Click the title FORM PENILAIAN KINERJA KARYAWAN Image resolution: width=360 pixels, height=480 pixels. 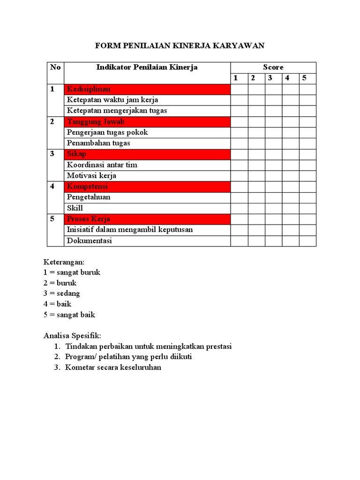pos(180,45)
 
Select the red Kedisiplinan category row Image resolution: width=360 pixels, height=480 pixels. pos(147,89)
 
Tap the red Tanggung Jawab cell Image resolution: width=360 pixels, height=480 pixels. pos(147,122)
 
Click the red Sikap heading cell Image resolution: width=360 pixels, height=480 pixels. pos(147,154)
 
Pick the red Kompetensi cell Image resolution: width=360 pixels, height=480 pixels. pos(147,187)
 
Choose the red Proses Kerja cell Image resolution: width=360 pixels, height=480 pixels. pos(147,219)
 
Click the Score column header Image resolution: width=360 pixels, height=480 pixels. pos(273,67)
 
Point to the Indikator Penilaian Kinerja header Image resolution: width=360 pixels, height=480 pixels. pos(147,67)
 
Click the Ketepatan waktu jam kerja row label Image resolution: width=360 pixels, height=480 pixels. pos(112,100)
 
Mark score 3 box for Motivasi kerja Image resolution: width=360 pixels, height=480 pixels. pos(273,176)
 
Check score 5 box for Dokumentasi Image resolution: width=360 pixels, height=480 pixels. pos(307,241)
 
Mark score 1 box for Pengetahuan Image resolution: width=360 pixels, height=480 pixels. pos(239,197)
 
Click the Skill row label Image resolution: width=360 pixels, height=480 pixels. pos(75,208)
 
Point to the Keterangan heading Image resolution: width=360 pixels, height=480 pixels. pos(64,262)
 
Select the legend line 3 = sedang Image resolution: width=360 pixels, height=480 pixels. pos(62,293)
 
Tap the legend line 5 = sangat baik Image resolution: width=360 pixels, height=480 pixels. pos(69,315)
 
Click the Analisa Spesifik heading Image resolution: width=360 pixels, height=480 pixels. pos(72,336)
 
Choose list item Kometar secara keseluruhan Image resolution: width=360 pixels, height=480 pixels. pos(113,367)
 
